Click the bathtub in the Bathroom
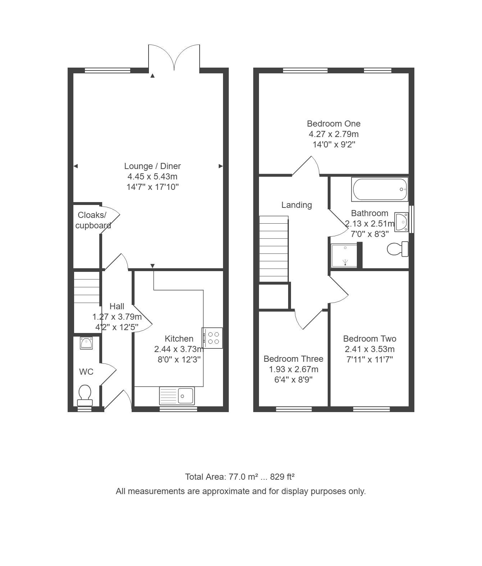(x=380, y=189)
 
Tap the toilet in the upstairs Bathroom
(x=398, y=249)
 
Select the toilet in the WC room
(x=85, y=396)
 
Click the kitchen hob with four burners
(x=212, y=338)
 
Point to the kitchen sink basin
(x=177, y=396)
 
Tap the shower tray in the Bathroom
(x=344, y=255)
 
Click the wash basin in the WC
(x=86, y=343)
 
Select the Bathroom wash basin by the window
(x=401, y=222)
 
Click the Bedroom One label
(x=333, y=123)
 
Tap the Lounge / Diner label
(x=153, y=166)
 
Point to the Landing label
(x=297, y=205)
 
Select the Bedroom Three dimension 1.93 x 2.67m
(x=294, y=369)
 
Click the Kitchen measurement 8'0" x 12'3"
(x=179, y=359)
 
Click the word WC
(x=86, y=371)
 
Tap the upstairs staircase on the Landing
(x=274, y=249)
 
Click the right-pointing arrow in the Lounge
(x=220, y=166)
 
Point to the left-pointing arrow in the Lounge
(x=76, y=166)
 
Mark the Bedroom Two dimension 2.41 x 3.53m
(x=370, y=349)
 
